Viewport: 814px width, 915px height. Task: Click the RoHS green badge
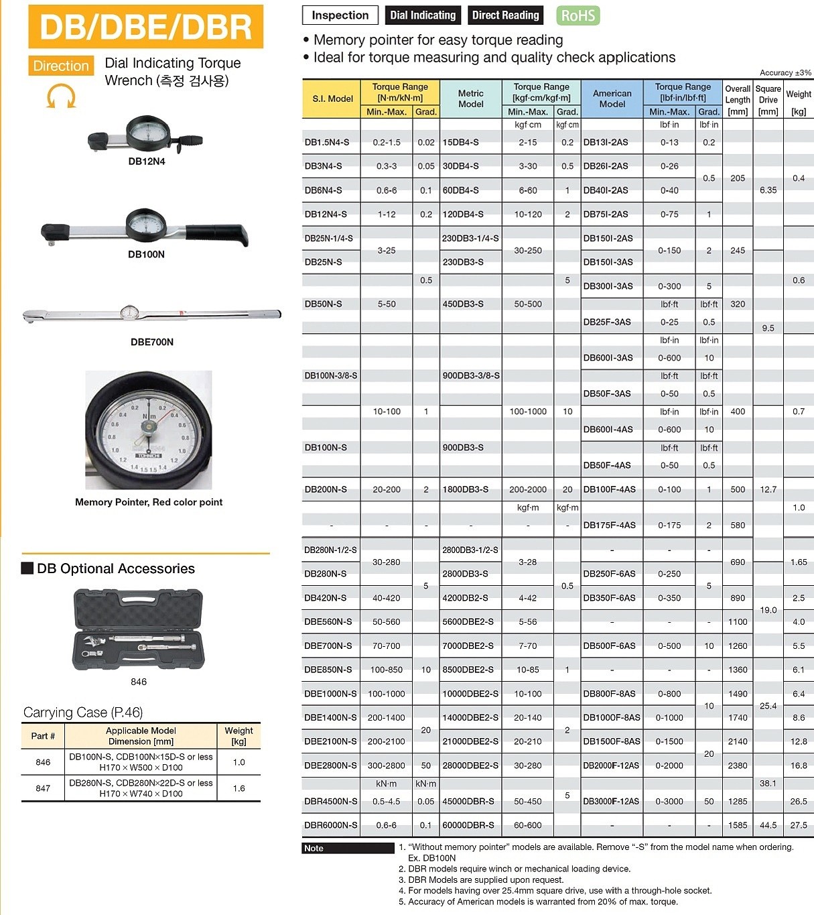coord(578,15)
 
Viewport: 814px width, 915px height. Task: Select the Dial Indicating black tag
coord(423,15)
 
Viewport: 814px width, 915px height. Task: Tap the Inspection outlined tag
coord(340,15)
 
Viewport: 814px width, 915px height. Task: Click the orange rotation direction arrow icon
coord(61,95)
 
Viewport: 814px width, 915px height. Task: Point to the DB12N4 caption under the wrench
coord(146,162)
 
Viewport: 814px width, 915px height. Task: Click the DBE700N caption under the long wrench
coord(152,342)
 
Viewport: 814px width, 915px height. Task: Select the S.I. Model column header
coord(332,99)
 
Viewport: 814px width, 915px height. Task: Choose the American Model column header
coord(612,99)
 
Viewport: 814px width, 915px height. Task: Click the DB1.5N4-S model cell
coord(327,142)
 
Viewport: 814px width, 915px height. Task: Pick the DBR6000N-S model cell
coord(331,825)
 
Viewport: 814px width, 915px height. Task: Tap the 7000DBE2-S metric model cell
coord(468,646)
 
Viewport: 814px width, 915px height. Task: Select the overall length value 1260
coord(738,646)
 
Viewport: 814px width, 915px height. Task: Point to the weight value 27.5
coord(799,825)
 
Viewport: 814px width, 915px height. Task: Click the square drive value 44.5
coord(768,825)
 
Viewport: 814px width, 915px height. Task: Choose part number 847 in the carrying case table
coord(43,788)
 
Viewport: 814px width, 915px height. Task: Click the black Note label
coord(314,848)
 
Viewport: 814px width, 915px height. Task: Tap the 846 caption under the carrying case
coord(139,682)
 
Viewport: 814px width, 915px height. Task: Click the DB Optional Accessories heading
coord(115,568)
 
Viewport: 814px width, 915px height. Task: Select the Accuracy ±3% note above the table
coord(785,72)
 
